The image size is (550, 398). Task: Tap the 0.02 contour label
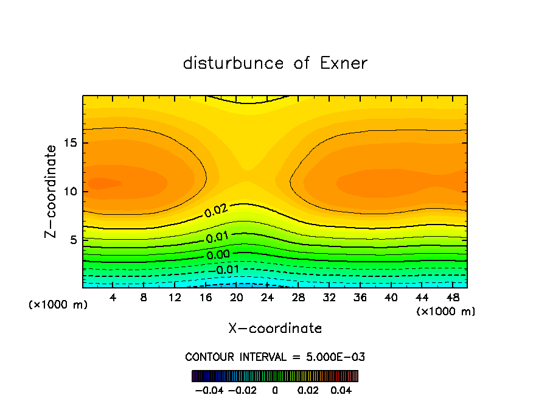point(216,211)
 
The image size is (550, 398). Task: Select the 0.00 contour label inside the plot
point(218,254)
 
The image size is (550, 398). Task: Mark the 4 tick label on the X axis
point(113,298)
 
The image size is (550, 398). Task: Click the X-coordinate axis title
point(275,329)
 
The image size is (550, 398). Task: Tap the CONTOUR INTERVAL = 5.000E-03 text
point(275,357)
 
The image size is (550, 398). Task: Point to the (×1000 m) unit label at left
point(58,304)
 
